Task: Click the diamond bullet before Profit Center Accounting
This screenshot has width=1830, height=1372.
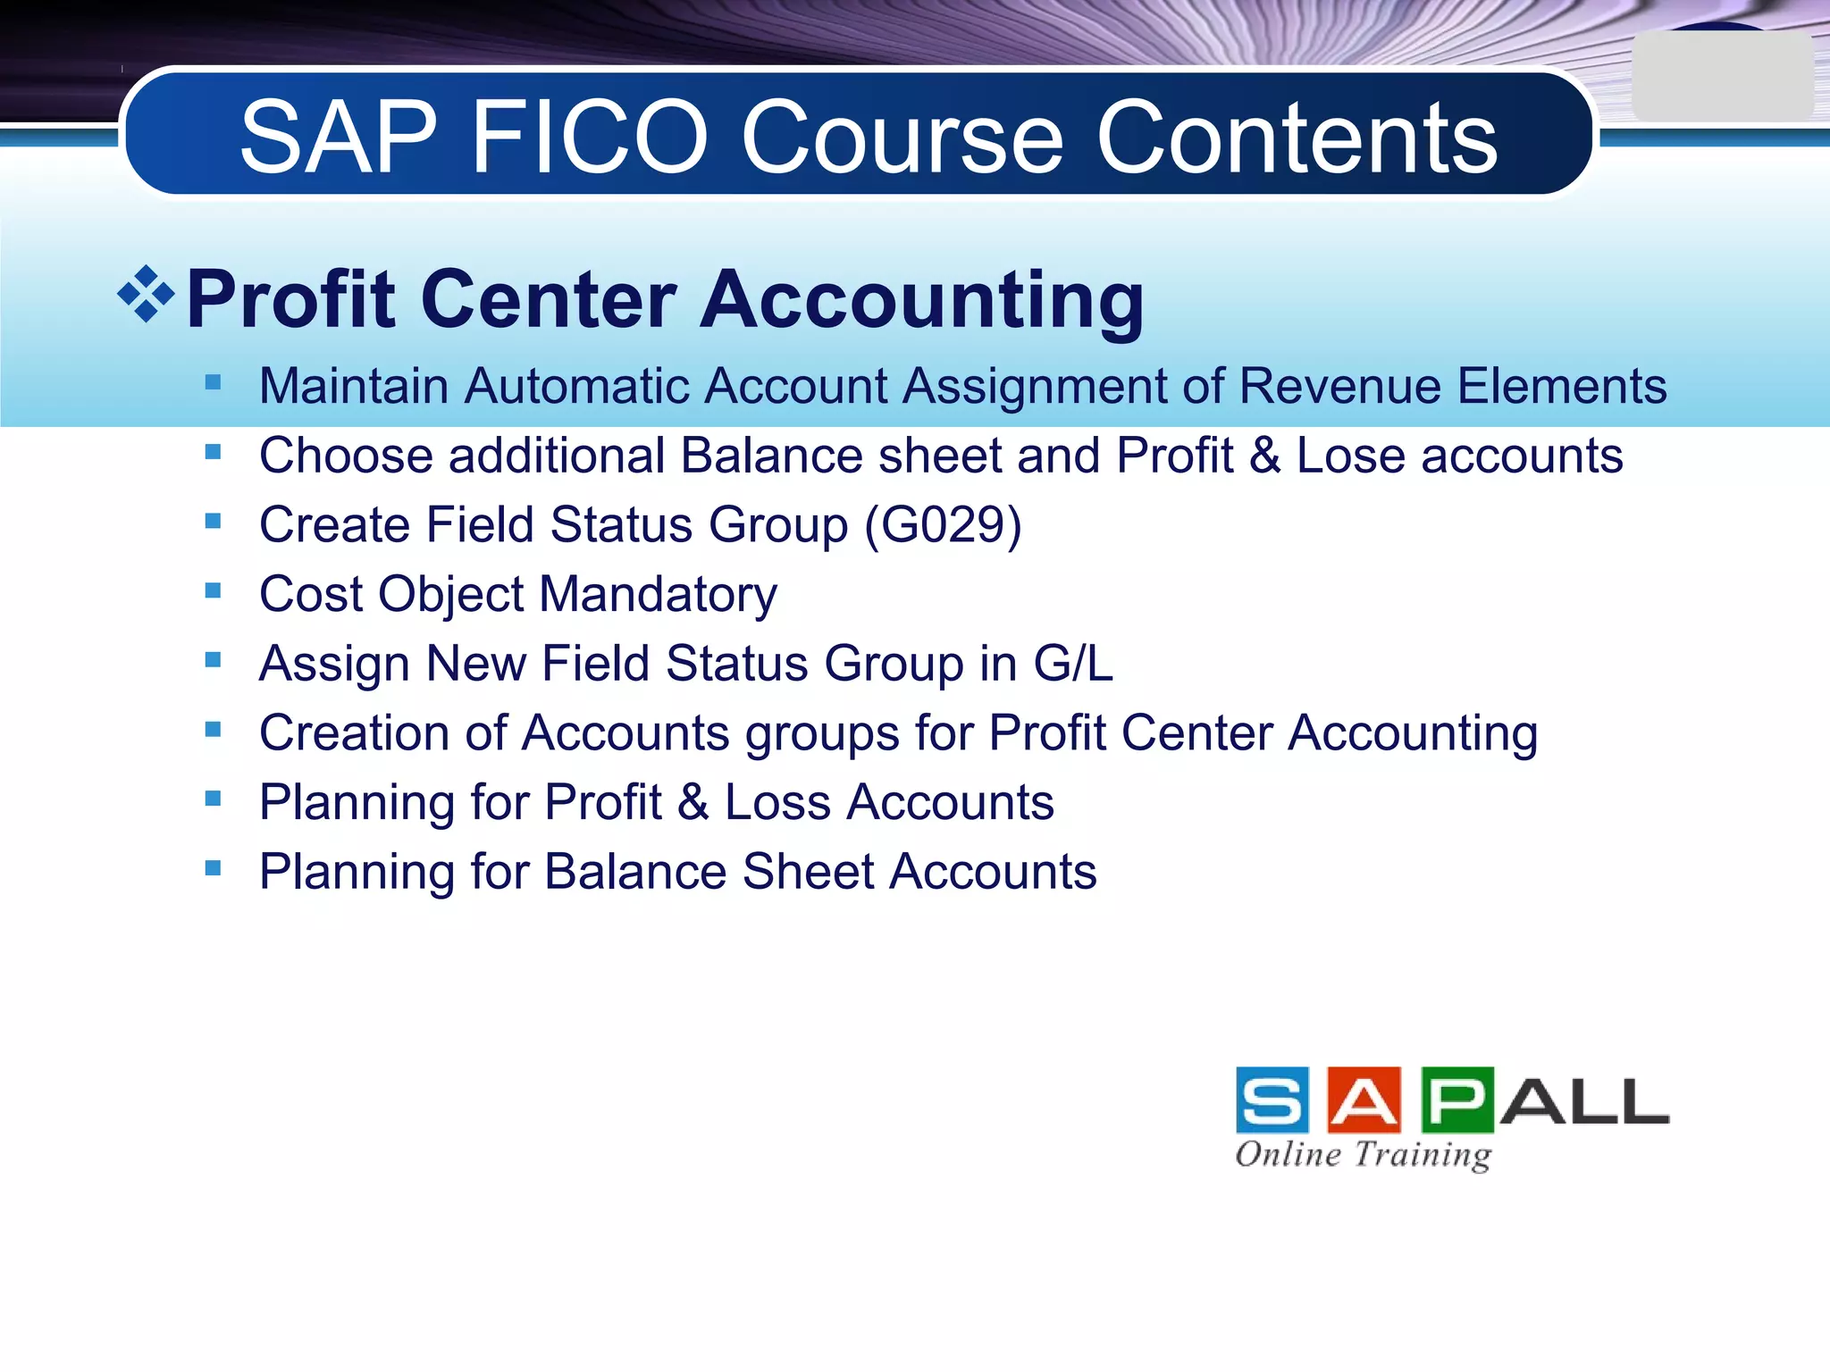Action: point(146,295)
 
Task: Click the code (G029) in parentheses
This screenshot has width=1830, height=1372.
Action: point(943,524)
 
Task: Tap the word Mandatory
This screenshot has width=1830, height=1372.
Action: point(658,594)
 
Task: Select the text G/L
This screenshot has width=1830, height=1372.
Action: point(1073,664)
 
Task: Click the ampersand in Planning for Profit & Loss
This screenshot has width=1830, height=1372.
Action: point(693,802)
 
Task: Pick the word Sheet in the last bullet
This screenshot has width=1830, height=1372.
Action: point(808,872)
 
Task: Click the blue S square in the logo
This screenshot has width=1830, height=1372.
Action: point(1272,1100)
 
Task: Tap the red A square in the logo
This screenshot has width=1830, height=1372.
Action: point(1364,1100)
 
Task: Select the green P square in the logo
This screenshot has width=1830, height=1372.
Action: point(1456,1100)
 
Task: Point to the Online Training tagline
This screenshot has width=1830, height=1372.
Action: point(1363,1154)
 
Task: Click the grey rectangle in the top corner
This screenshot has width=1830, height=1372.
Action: point(1721,77)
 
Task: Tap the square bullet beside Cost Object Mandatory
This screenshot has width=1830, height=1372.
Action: point(213,591)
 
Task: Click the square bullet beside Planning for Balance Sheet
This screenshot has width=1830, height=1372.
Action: point(213,868)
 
